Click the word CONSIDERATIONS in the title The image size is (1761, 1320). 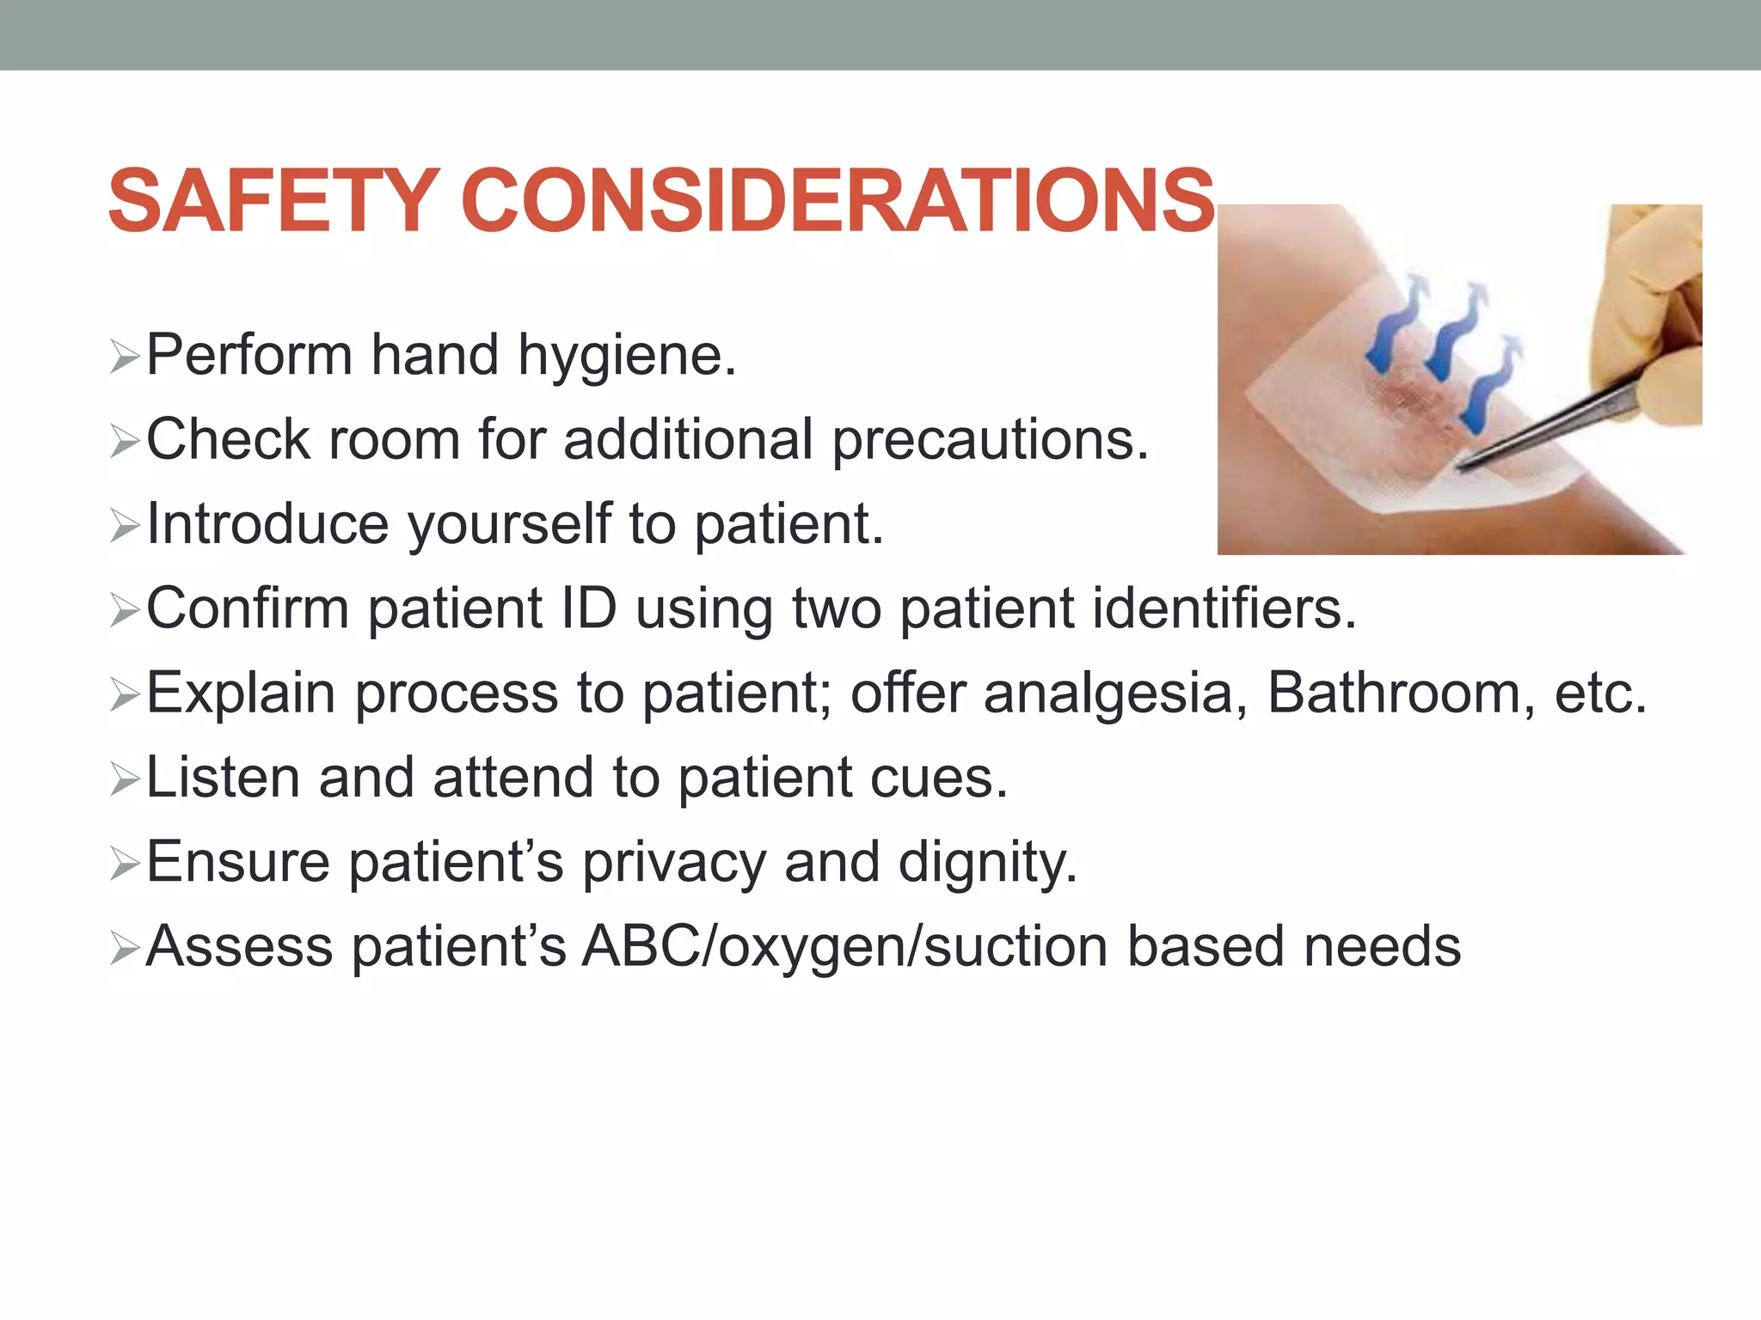point(838,201)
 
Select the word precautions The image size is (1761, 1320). point(990,441)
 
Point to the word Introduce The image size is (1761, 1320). point(267,523)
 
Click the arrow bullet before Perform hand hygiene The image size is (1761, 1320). point(125,357)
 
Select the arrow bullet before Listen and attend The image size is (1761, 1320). point(125,779)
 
